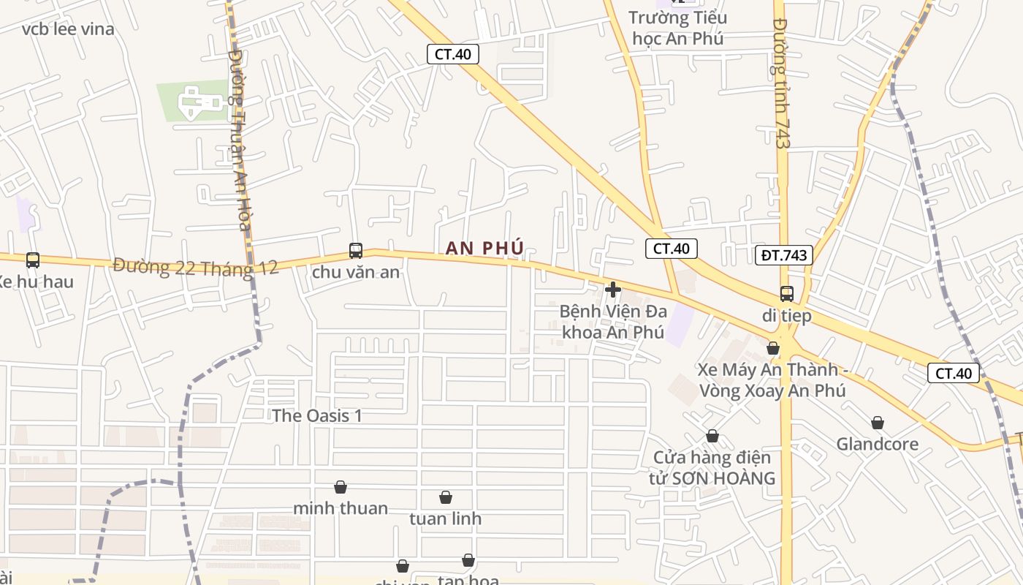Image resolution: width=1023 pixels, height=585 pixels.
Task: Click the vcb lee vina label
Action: coord(68,29)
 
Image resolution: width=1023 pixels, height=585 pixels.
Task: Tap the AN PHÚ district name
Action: coord(485,249)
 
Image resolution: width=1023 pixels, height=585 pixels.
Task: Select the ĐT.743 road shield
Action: coord(783,255)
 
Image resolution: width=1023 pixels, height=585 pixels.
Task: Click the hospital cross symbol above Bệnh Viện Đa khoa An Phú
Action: coord(613,290)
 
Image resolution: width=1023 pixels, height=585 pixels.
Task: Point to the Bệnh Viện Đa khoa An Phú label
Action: coord(613,322)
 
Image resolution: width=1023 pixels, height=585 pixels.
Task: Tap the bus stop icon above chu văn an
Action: coord(356,251)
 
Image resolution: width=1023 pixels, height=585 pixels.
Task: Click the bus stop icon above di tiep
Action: coord(787,294)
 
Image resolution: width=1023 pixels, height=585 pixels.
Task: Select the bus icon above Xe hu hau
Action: coord(33,260)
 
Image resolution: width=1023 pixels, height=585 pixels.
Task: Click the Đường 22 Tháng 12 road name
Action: coord(196,267)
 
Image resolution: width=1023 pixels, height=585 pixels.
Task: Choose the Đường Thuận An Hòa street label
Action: coord(239,139)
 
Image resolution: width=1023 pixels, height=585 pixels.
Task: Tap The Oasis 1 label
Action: coord(317,415)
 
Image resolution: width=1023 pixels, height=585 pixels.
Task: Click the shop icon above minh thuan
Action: coord(341,487)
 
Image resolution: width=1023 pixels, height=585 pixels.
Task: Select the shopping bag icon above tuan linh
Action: coord(446,498)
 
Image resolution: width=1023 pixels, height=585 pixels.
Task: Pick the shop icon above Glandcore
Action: coord(878,423)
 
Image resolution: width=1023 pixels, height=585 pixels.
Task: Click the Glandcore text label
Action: coord(878,444)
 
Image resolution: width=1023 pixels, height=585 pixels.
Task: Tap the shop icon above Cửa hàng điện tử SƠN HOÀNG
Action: coord(712,437)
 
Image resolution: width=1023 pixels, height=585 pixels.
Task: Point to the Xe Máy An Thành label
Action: coord(772,380)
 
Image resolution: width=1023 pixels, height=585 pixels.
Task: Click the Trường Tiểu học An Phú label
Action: coord(678,28)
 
